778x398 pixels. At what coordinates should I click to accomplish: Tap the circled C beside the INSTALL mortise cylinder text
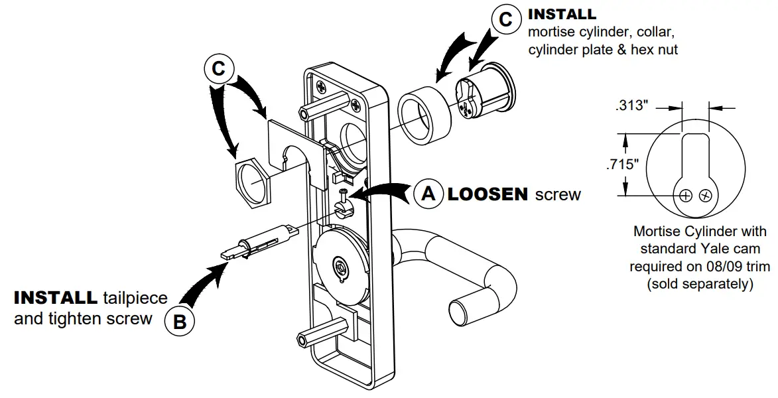[505, 21]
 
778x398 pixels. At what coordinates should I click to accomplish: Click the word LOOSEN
[487, 194]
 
